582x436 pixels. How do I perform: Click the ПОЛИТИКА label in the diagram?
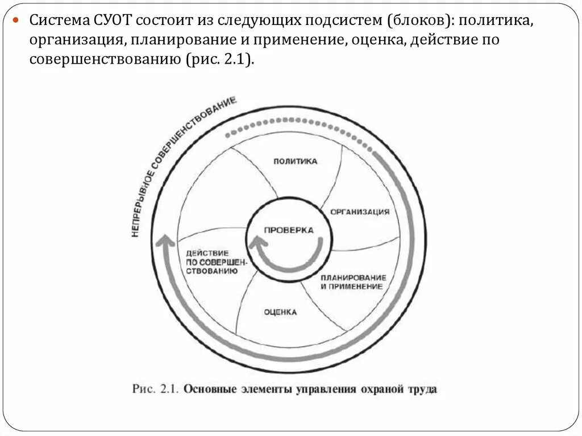coord(295,161)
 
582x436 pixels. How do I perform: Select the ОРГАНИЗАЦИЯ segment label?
coord(360,211)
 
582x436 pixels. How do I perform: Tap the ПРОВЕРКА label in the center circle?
coord(289,230)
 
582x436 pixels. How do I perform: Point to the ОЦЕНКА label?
coord(280,312)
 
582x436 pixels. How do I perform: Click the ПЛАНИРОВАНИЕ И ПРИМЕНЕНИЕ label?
coord(353,282)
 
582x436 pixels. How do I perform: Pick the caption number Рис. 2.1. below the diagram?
coord(156,389)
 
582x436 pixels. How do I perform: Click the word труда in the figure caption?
coord(421,389)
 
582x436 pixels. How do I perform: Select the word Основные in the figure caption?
coord(207,389)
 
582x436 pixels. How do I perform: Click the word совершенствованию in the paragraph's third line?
coord(103,60)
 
